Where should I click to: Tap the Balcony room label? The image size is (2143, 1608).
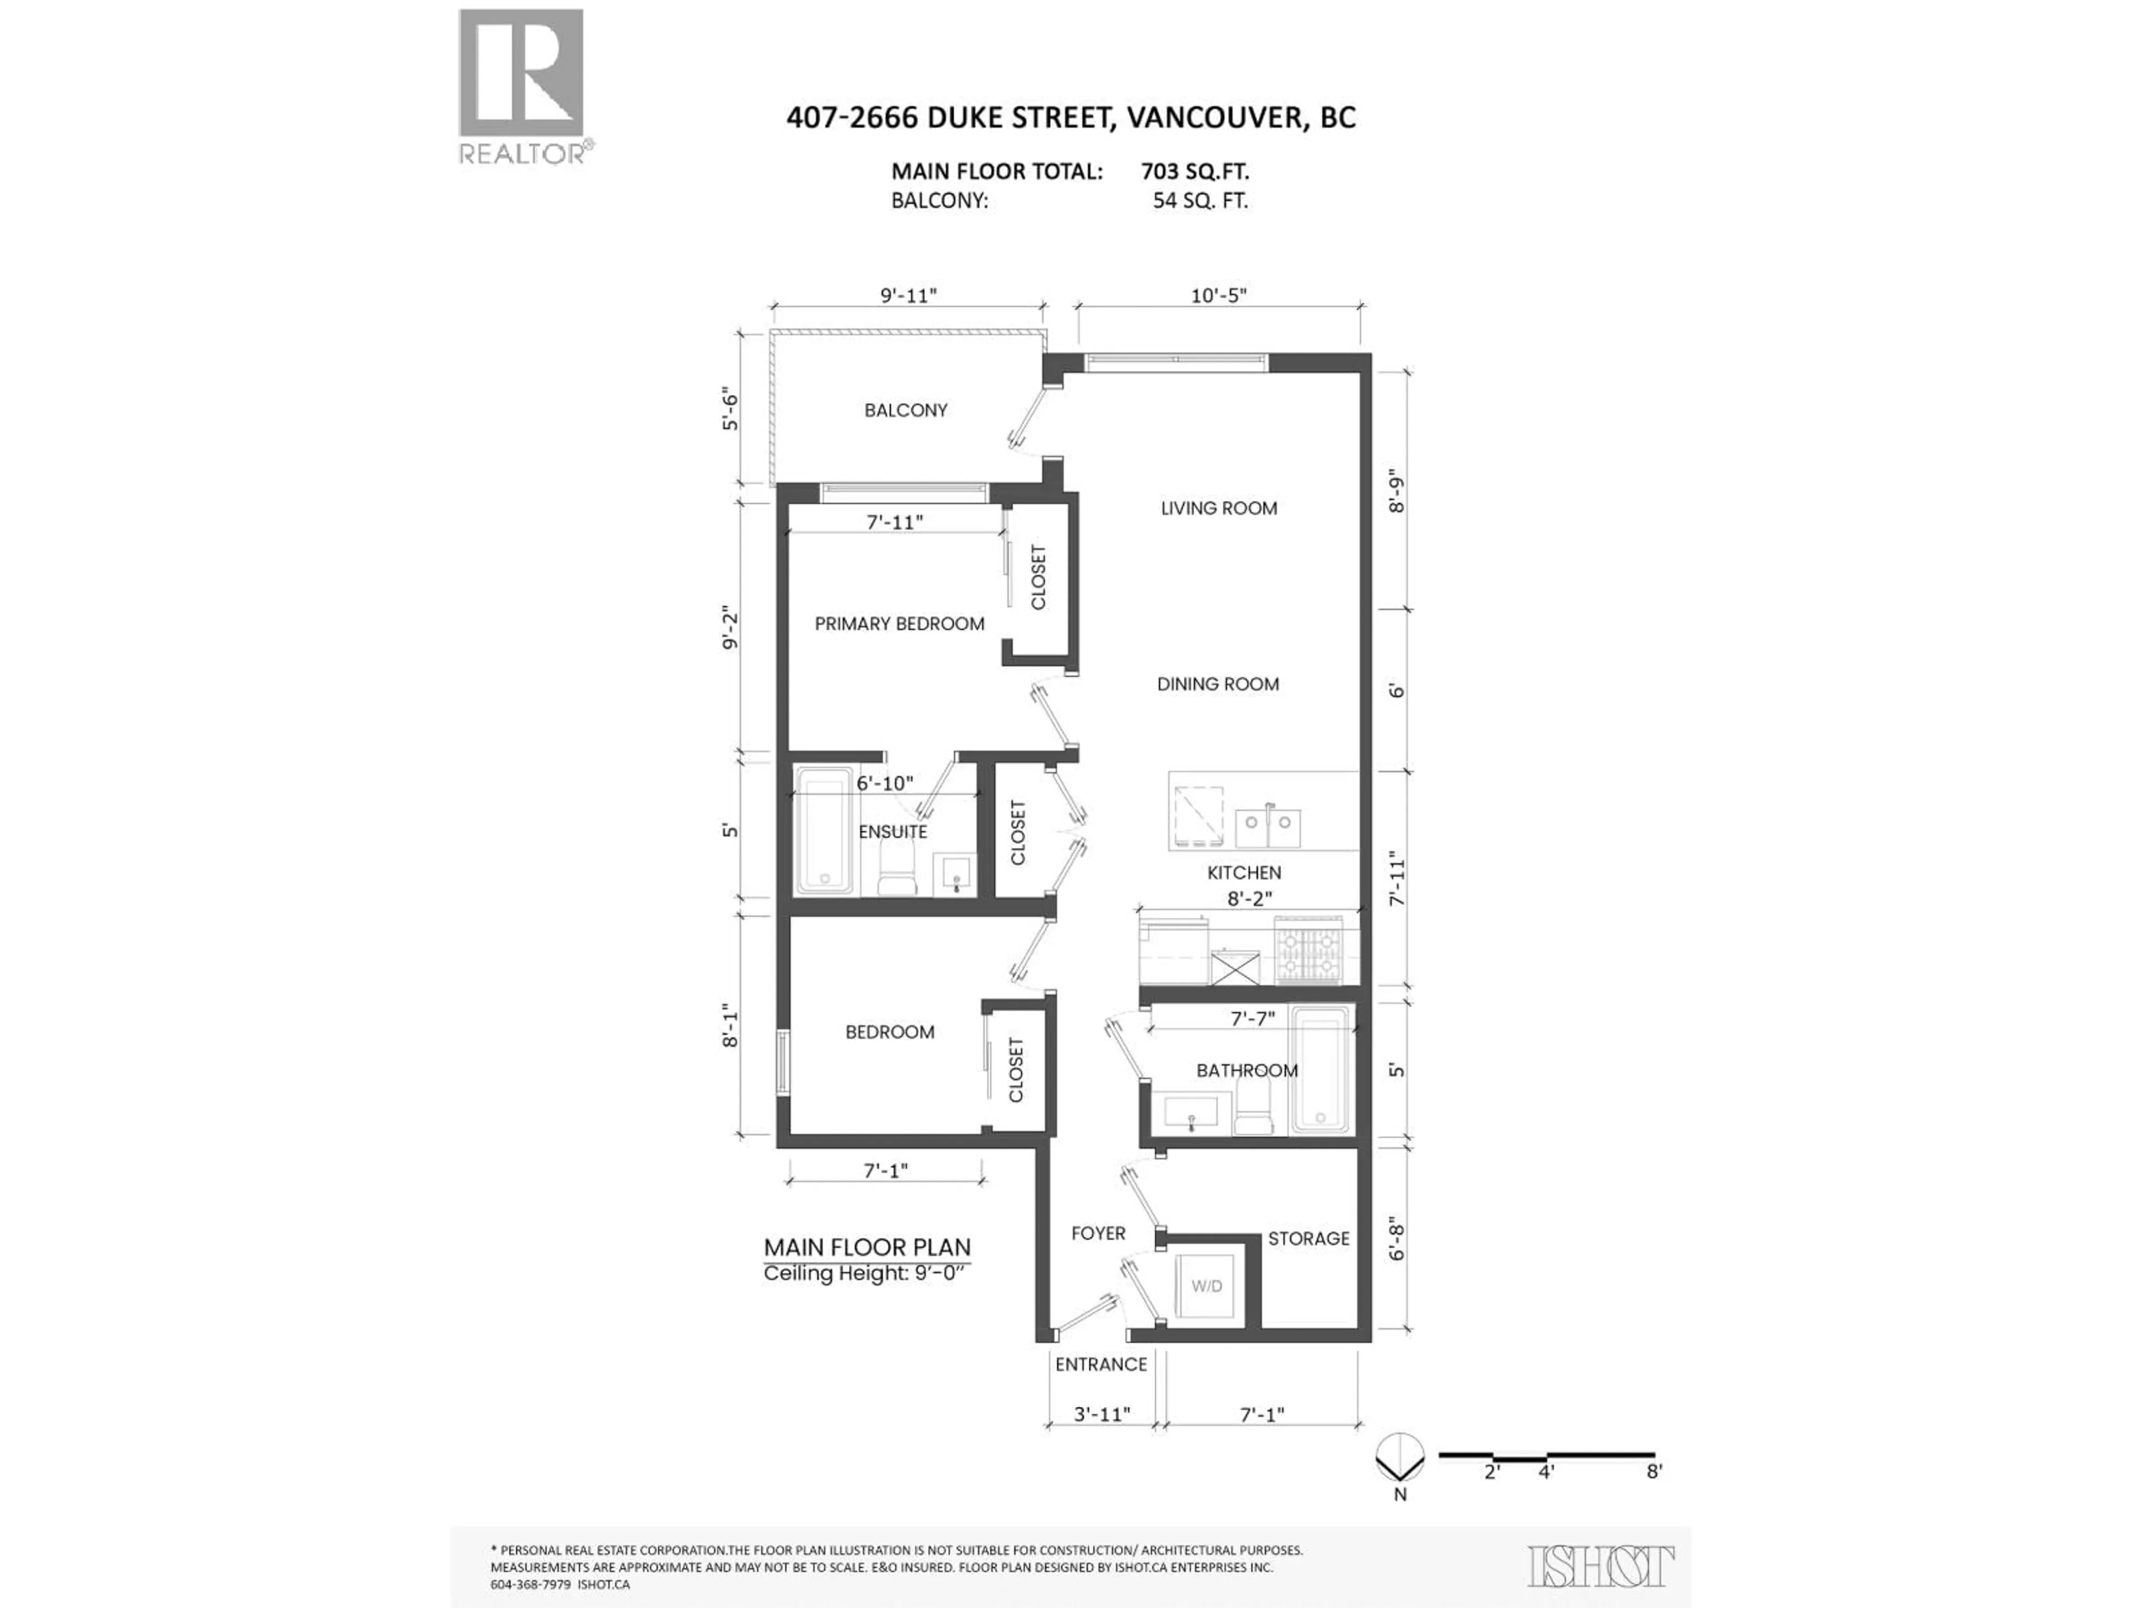tap(906, 410)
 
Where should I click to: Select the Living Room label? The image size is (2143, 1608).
tap(1219, 508)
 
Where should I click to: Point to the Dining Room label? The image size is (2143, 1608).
tap(1218, 685)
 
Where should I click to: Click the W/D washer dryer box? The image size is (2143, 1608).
tap(1206, 1286)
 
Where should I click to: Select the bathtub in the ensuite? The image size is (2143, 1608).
tap(824, 831)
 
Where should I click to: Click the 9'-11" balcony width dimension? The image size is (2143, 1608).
tap(909, 295)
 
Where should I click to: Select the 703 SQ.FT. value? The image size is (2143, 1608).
tap(1194, 171)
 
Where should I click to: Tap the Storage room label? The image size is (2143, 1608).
tap(1308, 1239)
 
